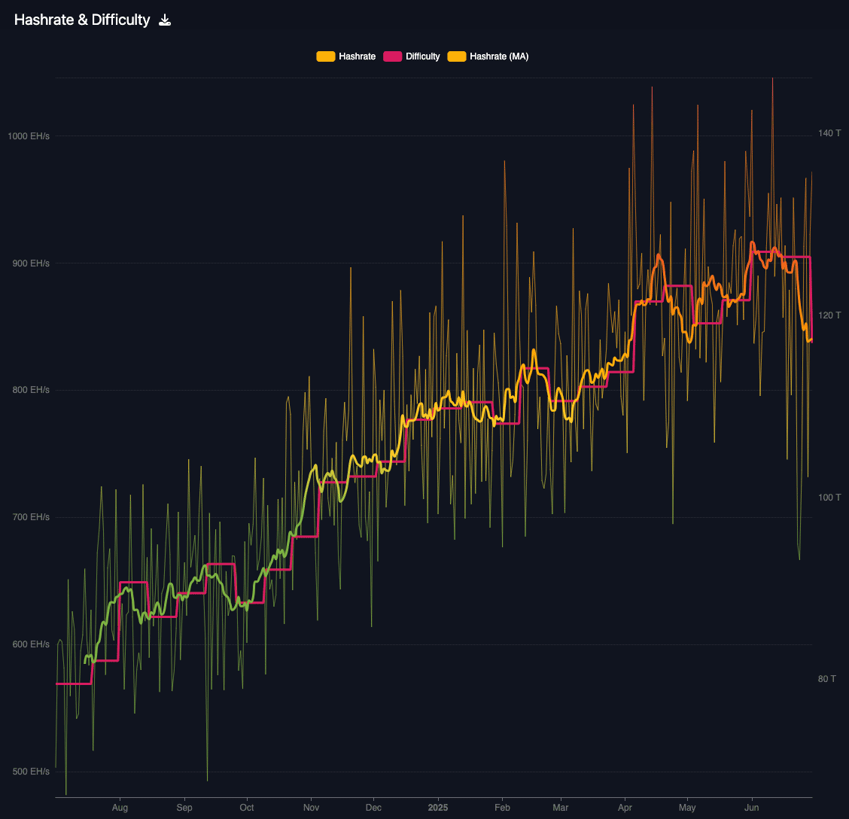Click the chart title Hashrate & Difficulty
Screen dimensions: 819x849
click(x=82, y=20)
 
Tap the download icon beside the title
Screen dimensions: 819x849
click(x=165, y=20)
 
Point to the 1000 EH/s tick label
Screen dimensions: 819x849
click(x=29, y=136)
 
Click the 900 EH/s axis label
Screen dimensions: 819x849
click(x=31, y=263)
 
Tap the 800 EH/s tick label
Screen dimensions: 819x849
click(x=31, y=390)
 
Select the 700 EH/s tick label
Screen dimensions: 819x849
click(x=31, y=517)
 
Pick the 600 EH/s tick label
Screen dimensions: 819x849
click(x=31, y=644)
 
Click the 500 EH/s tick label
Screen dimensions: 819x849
click(x=31, y=772)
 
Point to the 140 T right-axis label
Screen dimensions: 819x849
click(x=829, y=133)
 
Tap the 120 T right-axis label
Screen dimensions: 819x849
click(x=829, y=315)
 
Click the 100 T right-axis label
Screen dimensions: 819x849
click(x=829, y=498)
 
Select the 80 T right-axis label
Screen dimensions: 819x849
click(x=827, y=679)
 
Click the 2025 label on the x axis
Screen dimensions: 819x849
click(x=438, y=808)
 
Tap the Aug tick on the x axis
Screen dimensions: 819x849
click(x=120, y=808)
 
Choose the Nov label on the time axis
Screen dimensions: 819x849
click(x=310, y=808)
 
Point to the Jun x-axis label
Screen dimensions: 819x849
click(x=751, y=808)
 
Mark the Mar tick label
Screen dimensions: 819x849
click(x=561, y=808)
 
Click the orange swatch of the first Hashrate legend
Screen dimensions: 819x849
click(x=325, y=56)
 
